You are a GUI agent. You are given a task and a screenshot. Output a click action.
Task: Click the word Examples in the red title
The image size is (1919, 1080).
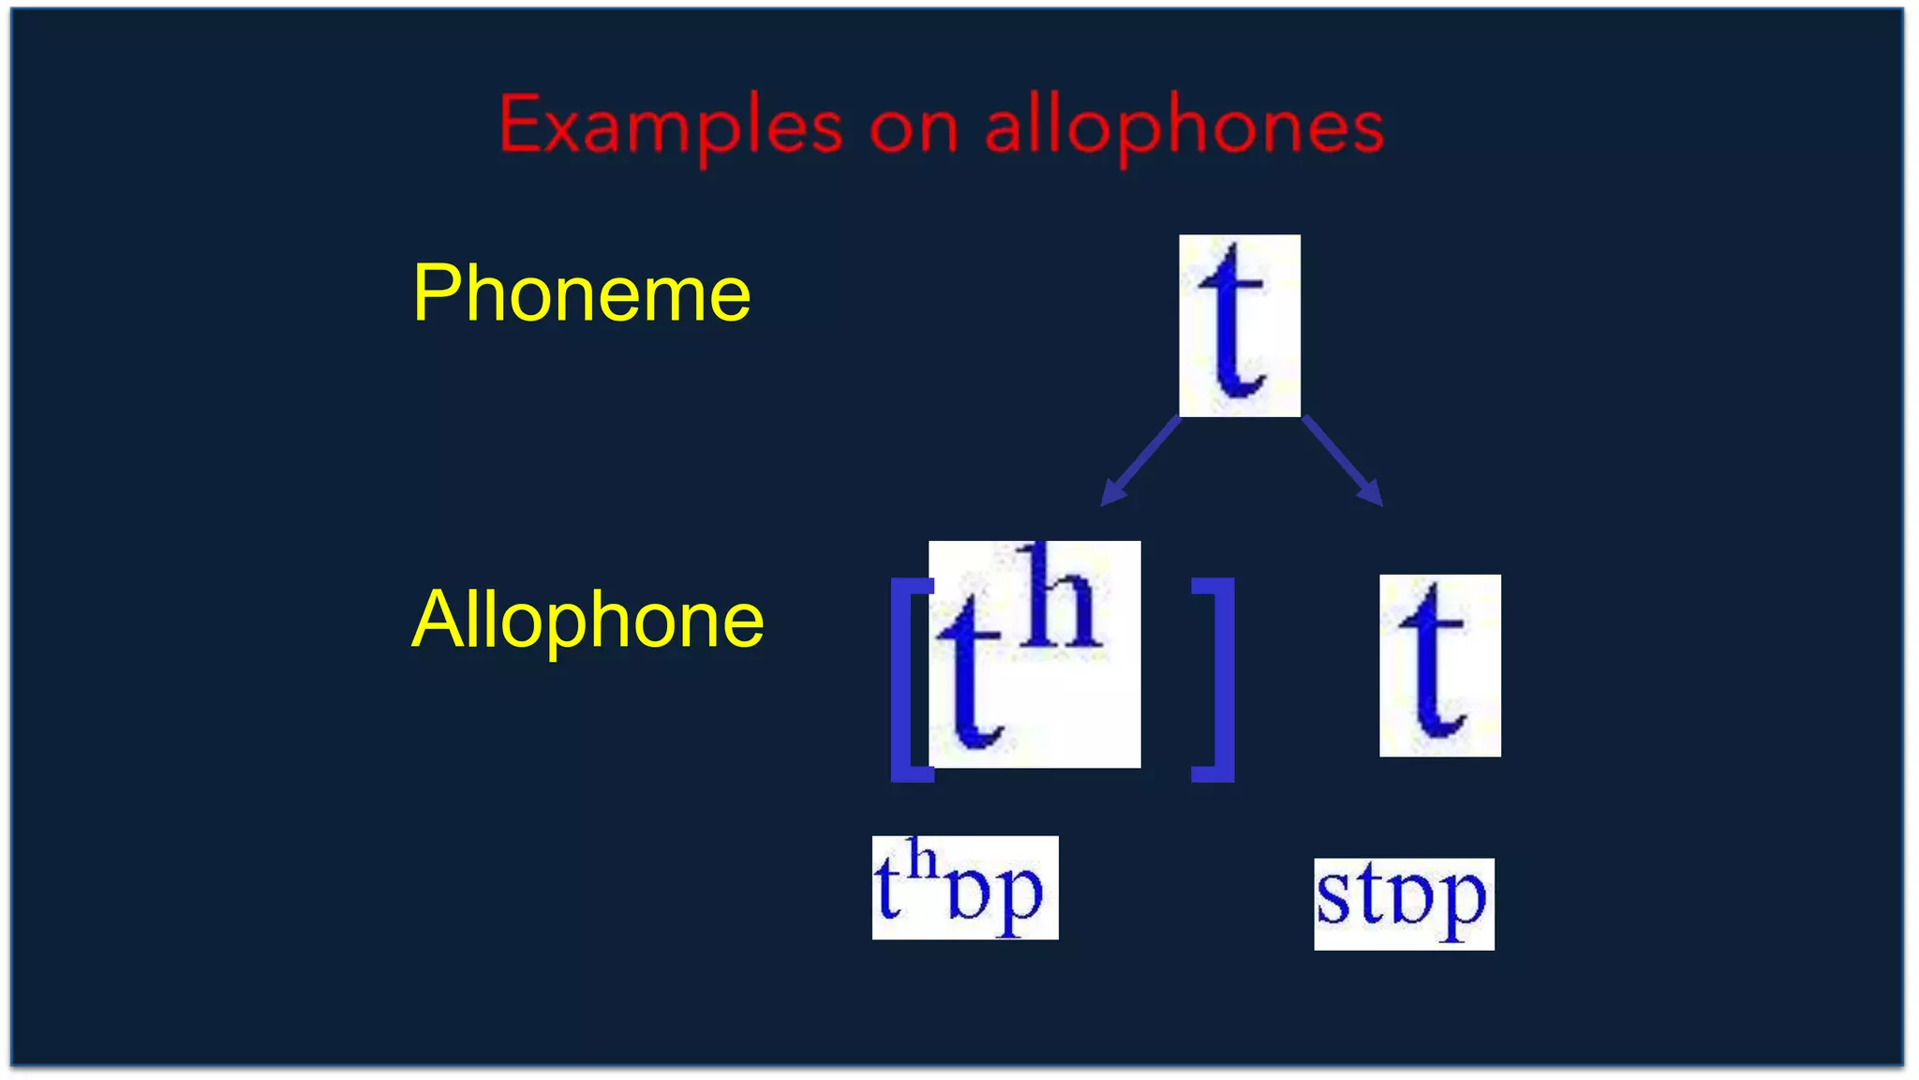[670, 127]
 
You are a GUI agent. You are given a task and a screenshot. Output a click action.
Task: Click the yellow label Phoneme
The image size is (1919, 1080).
[582, 293]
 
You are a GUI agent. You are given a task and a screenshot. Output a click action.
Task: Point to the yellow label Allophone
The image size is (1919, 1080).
[588, 620]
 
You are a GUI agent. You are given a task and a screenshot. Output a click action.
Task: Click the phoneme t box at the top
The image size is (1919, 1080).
[1239, 324]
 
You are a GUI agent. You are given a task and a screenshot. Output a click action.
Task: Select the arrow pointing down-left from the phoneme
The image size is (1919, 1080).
[1140, 460]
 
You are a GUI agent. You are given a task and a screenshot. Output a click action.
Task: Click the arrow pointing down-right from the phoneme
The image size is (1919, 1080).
[1343, 460]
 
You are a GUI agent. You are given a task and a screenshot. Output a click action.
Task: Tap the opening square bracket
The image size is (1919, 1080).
[909, 680]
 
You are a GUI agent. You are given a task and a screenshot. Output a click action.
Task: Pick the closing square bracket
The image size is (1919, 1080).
[1215, 680]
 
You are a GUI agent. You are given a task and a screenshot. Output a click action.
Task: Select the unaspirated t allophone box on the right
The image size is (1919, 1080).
[1439, 665]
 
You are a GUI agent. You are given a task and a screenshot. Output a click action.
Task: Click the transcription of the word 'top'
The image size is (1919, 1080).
[964, 888]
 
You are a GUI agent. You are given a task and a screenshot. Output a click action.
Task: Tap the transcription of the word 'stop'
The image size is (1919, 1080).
[1403, 903]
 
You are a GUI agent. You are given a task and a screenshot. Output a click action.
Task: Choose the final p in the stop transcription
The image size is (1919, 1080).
[1465, 906]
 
